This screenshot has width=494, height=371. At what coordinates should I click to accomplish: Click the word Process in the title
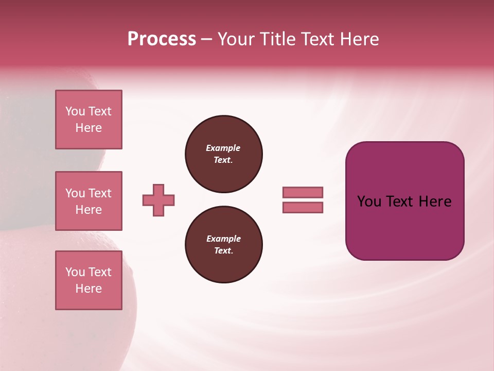162,39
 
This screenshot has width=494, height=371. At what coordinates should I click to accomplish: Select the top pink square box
89,120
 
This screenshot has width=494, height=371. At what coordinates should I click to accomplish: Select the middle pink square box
89,201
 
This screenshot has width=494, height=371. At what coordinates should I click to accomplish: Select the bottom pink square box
89,280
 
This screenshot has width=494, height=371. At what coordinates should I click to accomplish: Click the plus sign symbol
158,200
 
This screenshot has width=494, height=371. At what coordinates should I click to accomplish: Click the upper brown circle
224,154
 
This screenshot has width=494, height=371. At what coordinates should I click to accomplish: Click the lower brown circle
224,245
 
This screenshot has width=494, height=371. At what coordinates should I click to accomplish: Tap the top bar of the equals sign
303,192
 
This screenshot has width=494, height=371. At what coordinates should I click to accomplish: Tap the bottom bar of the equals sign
303,207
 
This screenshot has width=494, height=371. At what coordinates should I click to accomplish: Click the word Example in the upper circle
223,148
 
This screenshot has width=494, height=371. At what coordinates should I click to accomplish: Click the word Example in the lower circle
223,239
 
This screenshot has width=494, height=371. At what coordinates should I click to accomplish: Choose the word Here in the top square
89,128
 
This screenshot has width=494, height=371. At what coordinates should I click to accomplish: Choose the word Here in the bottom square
89,289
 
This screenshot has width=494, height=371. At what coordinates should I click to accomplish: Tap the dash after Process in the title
206,39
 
